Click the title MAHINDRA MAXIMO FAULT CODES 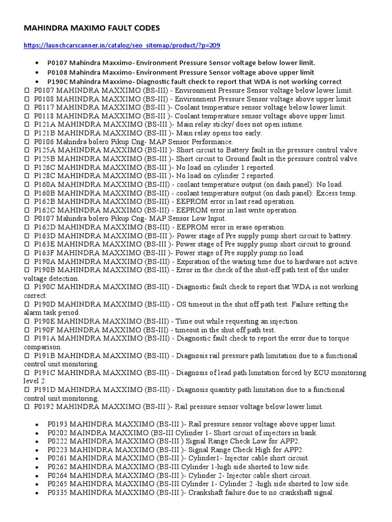click(92, 28)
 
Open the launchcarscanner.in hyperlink click(122, 46)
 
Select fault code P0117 click(44, 107)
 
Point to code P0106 click(44, 141)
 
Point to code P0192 click(44, 407)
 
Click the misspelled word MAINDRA click(87, 432)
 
